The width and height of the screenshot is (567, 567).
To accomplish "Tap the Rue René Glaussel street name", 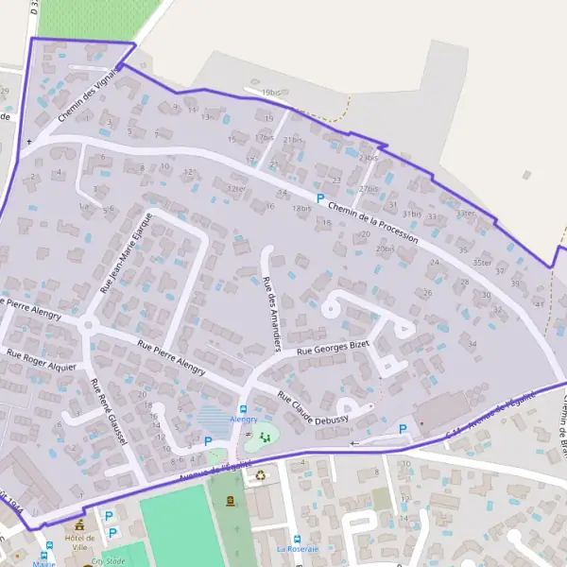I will coord(103,407).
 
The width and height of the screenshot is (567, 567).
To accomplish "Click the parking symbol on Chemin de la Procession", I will coord(320,199).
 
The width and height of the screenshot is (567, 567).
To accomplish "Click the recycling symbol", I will coord(260,474).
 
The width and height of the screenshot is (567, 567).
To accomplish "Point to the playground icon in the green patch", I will coord(264,437).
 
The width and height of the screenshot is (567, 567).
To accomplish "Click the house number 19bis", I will coord(272,93).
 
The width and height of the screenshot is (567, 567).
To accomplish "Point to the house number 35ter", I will coord(483,263).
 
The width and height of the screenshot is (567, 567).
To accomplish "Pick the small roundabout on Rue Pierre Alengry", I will coord(88,325).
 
